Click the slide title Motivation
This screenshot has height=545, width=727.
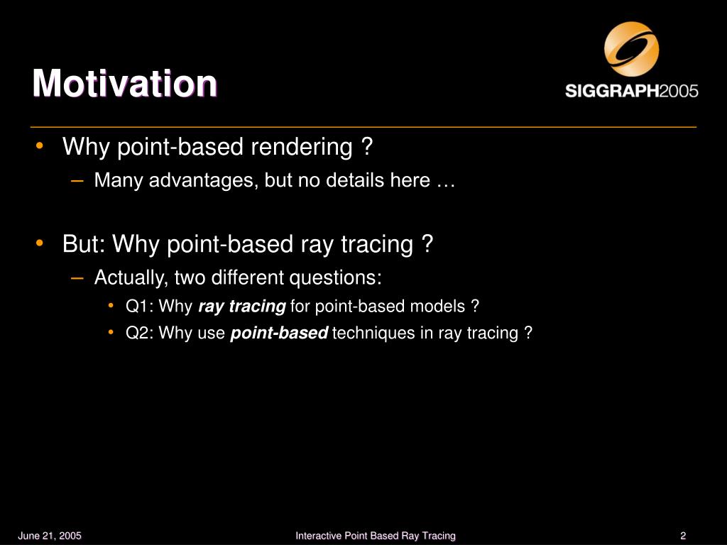tap(125, 84)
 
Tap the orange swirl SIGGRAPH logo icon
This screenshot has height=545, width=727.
tap(631, 49)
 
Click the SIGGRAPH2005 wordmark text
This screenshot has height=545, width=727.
tap(631, 90)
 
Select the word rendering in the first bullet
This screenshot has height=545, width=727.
tap(302, 148)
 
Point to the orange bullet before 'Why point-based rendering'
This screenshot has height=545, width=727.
tap(40, 145)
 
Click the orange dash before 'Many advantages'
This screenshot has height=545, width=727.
tap(77, 180)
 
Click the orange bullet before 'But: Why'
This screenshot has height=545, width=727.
tap(40, 243)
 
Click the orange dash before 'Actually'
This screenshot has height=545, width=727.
tap(77, 277)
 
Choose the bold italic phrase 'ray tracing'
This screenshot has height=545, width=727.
tap(242, 307)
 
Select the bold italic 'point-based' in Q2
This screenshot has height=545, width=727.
tap(280, 334)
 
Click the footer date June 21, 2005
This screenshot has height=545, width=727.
tap(50, 536)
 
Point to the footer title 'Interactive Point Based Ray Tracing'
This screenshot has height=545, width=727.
tap(376, 536)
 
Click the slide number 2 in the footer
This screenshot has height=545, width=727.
tap(683, 536)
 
